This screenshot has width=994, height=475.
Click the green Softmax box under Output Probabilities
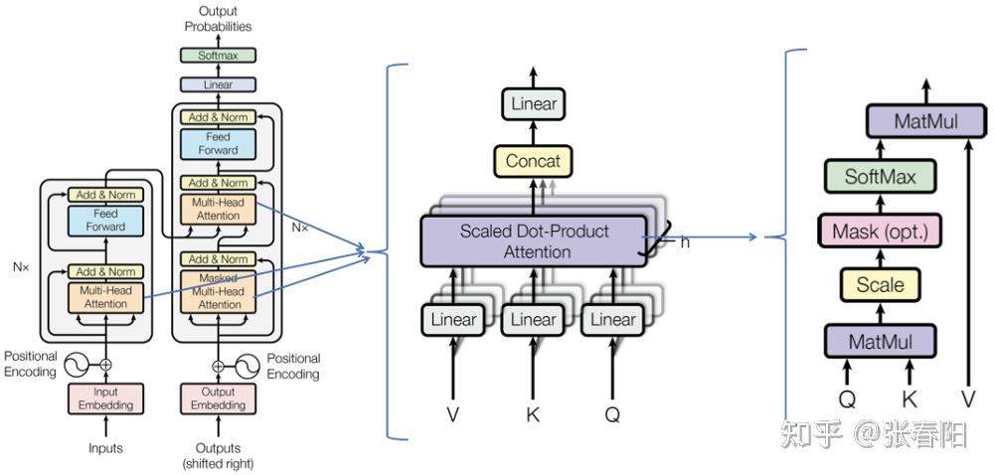[218, 55]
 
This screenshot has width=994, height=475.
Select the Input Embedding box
[106, 398]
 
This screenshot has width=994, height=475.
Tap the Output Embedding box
[218, 398]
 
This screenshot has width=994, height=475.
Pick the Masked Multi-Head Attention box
[218, 291]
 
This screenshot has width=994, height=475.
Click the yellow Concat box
[533, 161]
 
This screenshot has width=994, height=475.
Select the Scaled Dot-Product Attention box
[533, 241]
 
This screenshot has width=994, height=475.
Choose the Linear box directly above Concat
[533, 104]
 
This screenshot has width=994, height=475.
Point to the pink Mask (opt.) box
[880, 231]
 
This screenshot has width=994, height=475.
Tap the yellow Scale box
[880, 284]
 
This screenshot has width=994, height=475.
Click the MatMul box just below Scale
[880, 342]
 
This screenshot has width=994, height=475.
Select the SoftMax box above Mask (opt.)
[880, 176]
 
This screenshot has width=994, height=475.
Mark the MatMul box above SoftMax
[926, 121]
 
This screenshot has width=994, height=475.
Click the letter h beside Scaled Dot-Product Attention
[685, 241]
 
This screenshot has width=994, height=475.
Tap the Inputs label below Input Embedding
[105, 448]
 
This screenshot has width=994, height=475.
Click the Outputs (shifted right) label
[218, 456]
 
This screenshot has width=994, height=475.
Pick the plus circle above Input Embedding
[106, 364]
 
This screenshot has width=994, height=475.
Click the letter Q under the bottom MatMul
[847, 400]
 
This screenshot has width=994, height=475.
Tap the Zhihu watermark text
[874, 435]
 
